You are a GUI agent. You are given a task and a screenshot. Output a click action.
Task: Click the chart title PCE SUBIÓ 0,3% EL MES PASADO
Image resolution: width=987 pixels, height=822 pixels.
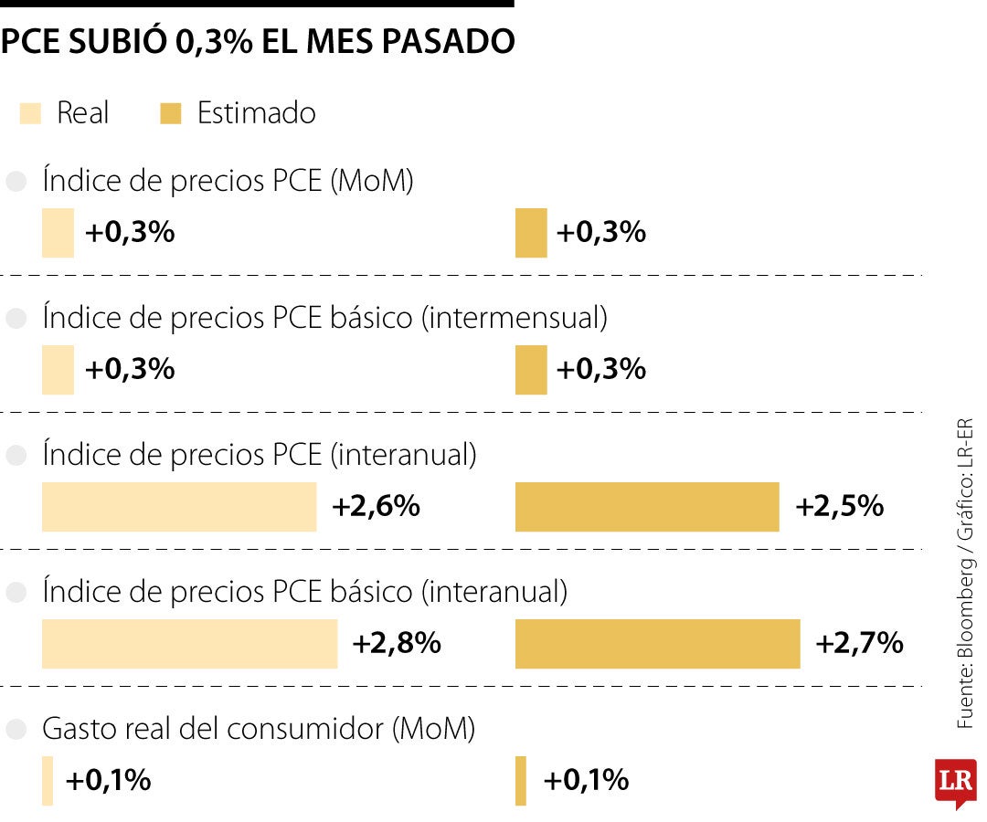tap(257, 42)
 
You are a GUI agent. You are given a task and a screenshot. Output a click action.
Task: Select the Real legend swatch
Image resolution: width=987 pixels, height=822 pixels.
tap(30, 114)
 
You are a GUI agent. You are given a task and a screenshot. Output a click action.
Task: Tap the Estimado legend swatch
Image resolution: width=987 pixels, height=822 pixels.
tap(171, 114)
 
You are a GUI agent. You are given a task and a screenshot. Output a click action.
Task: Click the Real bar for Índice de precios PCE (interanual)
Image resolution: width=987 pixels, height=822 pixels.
tap(179, 507)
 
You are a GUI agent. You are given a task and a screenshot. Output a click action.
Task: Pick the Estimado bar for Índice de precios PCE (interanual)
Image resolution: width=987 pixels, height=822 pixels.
tap(647, 507)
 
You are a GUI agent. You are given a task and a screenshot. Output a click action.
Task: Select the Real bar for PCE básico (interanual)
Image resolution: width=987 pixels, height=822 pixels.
tap(189, 644)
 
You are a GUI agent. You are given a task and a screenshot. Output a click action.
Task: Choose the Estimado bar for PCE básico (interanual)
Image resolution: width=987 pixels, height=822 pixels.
tap(657, 644)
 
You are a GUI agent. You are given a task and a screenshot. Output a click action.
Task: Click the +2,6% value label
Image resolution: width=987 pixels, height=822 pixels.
tap(376, 507)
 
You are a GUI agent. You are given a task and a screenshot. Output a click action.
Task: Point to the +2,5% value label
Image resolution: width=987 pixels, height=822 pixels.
tap(839, 507)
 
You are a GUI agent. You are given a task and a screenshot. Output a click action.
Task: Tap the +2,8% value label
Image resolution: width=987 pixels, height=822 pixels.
tap(397, 644)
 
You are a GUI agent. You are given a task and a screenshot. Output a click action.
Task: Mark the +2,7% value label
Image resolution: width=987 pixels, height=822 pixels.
tap(859, 644)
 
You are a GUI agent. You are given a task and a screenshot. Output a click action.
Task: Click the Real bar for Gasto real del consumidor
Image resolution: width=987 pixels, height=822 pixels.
tap(48, 781)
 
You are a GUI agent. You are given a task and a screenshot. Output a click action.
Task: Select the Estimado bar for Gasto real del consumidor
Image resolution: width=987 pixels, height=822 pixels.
tap(521, 781)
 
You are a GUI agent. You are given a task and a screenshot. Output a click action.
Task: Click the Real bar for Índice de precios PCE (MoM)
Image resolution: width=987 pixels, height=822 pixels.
tap(58, 233)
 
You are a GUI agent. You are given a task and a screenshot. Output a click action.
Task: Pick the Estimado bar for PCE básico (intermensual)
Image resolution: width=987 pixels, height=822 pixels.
tap(531, 370)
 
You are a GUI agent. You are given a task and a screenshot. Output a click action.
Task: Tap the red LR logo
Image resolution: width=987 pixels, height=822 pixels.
tap(955, 783)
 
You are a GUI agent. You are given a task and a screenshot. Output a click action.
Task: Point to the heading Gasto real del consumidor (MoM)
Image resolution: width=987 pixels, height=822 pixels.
tap(259, 730)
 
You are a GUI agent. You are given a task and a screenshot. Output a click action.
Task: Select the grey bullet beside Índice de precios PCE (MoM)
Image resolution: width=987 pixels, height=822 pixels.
tap(16, 183)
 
